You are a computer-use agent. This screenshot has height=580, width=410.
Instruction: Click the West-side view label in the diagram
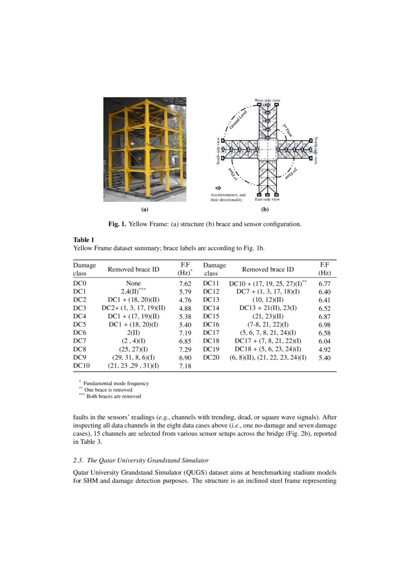click(267, 101)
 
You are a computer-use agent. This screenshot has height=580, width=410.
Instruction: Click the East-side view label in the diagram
click(267, 199)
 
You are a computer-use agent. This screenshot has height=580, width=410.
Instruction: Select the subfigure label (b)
click(265, 209)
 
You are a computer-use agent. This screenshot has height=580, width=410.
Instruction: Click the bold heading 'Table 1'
click(84, 240)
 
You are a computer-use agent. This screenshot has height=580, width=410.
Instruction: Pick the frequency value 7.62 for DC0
click(185, 284)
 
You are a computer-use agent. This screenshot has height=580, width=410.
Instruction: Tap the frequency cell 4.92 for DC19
click(324, 349)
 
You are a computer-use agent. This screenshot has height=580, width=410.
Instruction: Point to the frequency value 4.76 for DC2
click(185, 300)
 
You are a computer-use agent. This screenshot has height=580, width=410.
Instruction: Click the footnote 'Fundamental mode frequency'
click(116, 384)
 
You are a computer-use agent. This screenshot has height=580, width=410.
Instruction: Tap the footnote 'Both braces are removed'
click(114, 396)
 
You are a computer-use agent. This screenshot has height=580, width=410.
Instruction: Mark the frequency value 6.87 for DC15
click(324, 317)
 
